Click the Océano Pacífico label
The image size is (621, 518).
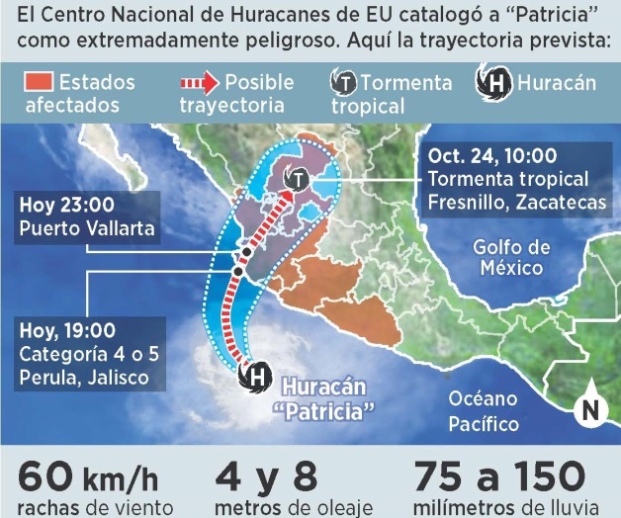point(483,410)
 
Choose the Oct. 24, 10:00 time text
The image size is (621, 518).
point(490,156)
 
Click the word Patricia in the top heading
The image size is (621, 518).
point(531,21)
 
